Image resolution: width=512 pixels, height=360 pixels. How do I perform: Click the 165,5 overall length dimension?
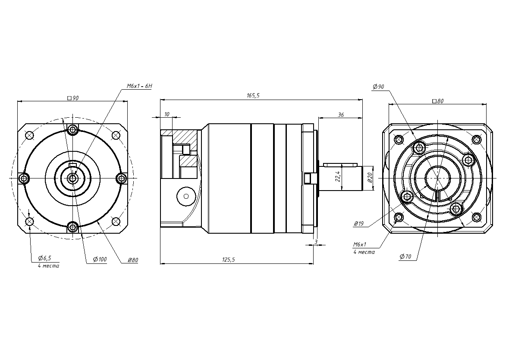point(253,96)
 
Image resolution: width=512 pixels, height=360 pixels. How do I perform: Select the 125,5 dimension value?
point(229,260)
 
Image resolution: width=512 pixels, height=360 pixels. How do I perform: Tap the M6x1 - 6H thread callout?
point(139,86)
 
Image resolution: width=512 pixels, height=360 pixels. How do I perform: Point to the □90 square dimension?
point(72,98)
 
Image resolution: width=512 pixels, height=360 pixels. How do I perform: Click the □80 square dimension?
point(437,101)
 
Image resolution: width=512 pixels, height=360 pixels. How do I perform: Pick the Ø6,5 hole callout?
point(45,258)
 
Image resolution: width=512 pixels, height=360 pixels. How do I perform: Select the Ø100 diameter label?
point(100,260)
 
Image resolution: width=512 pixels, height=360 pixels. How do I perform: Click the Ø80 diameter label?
point(133,260)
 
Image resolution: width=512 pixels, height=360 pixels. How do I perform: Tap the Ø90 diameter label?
point(378,87)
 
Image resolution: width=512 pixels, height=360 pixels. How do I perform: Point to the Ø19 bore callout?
point(358,224)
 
